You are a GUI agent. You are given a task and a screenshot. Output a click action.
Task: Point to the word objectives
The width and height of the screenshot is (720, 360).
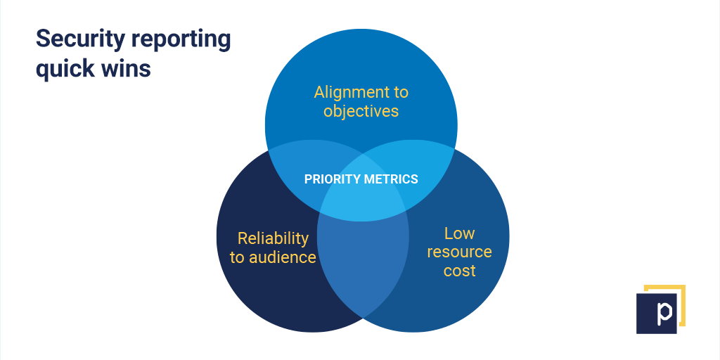[361, 111]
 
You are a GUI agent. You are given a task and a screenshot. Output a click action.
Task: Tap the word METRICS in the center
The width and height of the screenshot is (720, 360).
[391, 179]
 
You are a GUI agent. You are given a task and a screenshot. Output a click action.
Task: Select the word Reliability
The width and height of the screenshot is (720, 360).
[274, 238]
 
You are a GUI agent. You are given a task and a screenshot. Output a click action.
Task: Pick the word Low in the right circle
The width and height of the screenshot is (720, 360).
[460, 233]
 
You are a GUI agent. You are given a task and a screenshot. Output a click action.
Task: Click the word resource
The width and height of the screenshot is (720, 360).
[460, 252]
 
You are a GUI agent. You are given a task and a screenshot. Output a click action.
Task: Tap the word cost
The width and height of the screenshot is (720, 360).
[460, 271]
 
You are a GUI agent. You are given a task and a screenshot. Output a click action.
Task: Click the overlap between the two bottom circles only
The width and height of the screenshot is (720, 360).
[363, 266]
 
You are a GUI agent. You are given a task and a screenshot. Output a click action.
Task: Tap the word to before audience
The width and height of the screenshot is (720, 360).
[238, 257]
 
